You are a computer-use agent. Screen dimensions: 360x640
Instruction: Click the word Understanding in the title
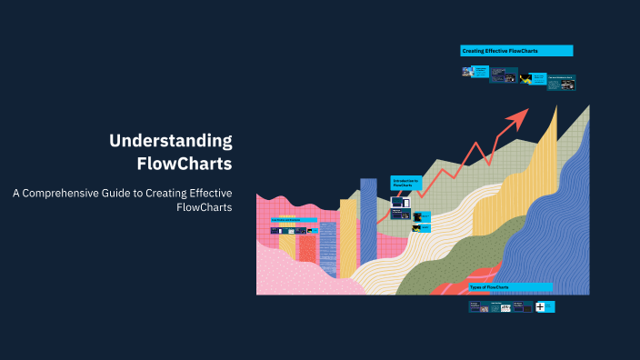(x=171, y=141)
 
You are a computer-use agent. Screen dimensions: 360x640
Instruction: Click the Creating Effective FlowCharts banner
(x=516, y=51)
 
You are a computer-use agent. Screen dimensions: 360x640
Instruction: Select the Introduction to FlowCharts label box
(x=405, y=182)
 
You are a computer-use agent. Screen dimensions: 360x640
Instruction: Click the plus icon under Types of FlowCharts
(x=540, y=307)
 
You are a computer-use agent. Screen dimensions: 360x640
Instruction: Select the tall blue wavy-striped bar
(x=368, y=218)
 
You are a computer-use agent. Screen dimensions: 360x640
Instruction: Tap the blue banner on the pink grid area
(x=293, y=220)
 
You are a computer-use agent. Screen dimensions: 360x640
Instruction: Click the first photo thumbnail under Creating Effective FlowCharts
(x=467, y=71)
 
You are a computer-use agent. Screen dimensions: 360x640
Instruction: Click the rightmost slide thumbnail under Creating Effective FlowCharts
(x=560, y=81)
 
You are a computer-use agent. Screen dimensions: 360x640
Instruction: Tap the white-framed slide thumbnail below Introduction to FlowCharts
(x=400, y=202)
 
